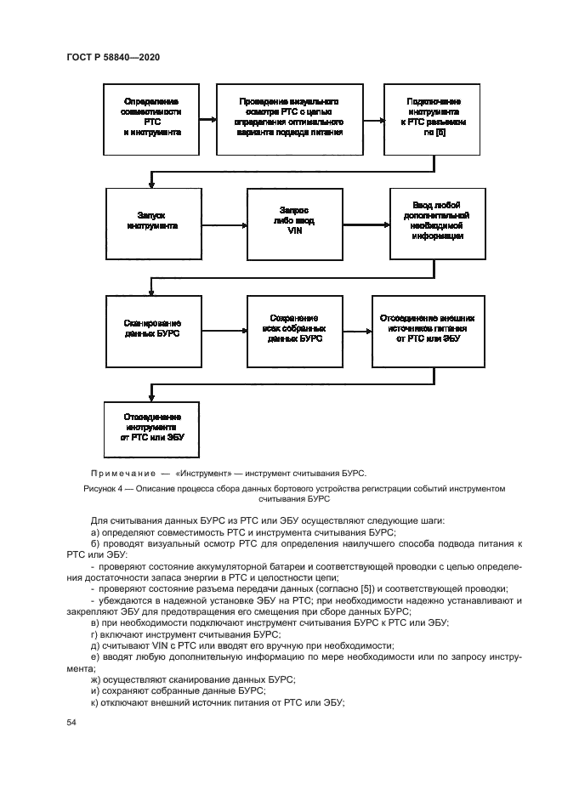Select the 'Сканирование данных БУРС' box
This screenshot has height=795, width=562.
[152, 328]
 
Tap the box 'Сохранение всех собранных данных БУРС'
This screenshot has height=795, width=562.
[289, 328]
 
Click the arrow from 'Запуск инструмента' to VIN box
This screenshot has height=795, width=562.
[223, 222]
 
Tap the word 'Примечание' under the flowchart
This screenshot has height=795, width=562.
[118, 474]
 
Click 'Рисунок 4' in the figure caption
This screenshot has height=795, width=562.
[105, 490]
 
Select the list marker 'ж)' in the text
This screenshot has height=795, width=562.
[94, 679]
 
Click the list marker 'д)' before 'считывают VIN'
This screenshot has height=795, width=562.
[94, 645]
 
